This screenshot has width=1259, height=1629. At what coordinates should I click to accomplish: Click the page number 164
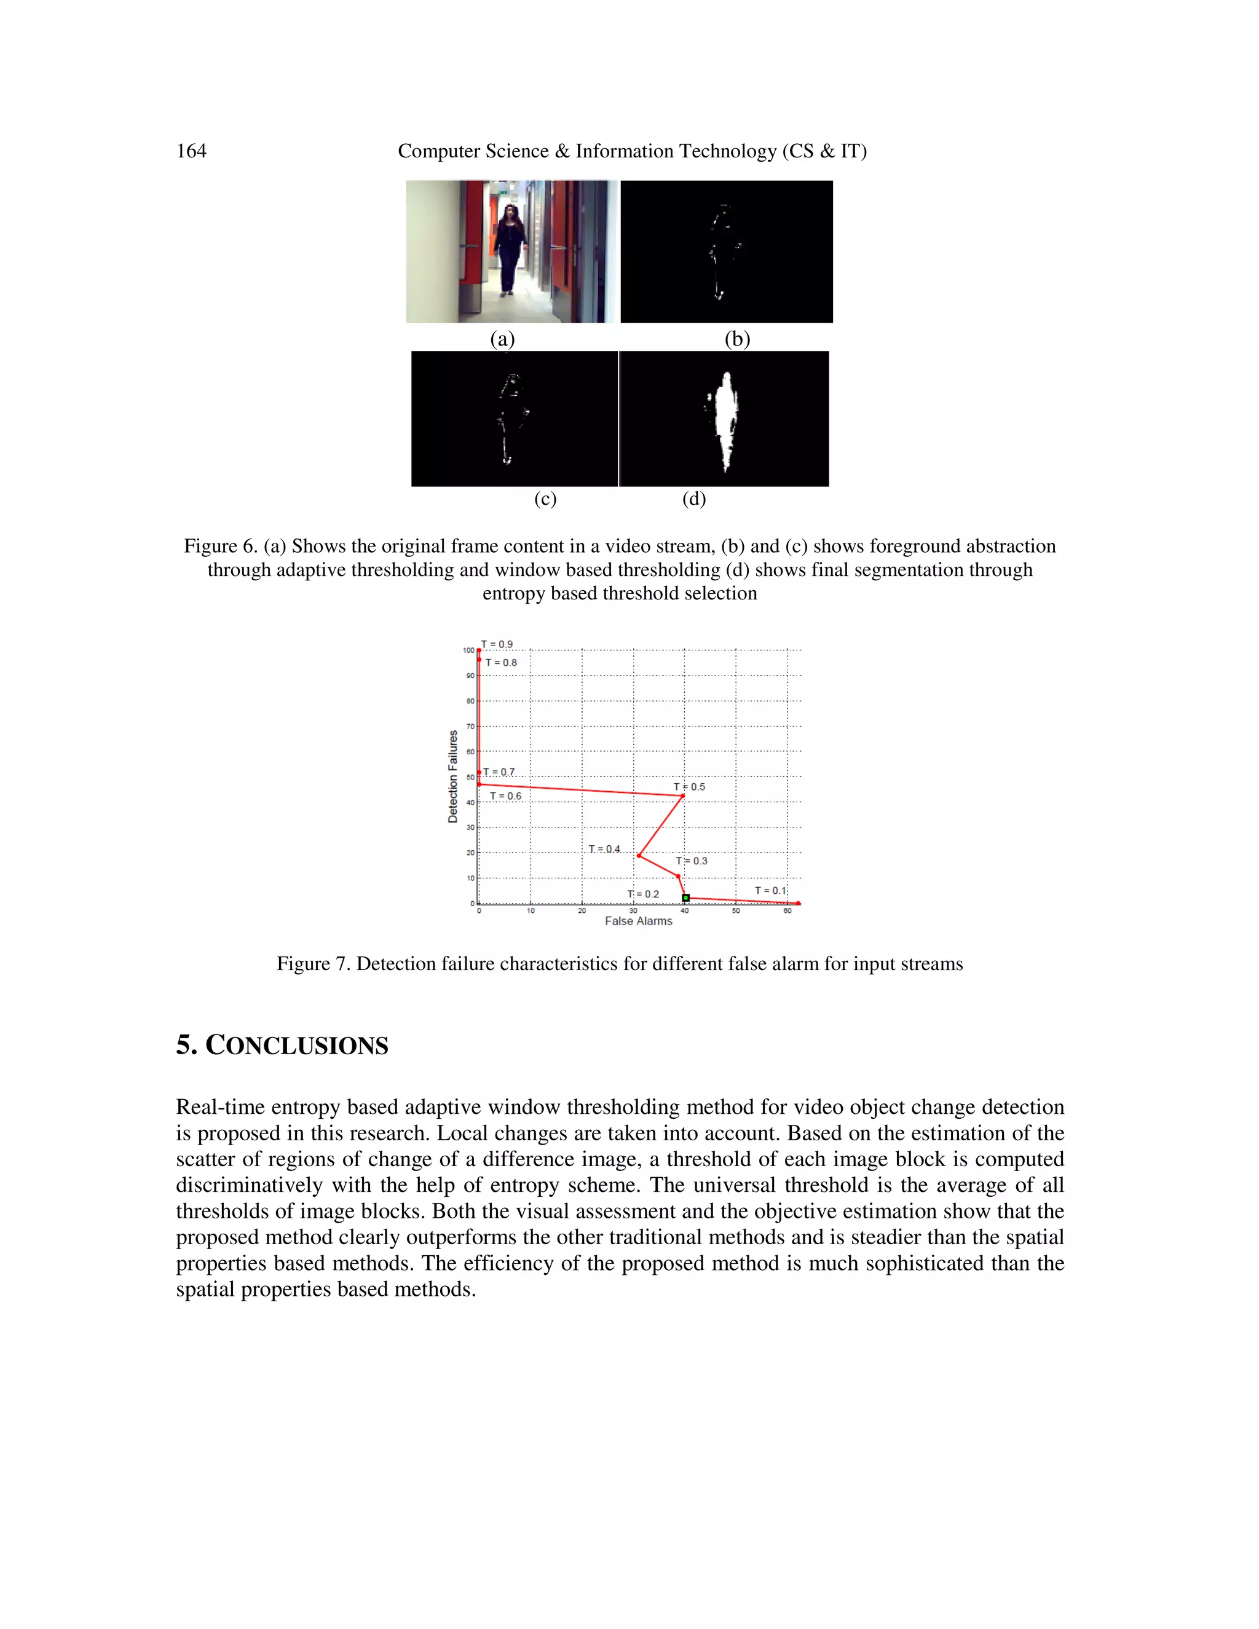pyautogui.click(x=191, y=151)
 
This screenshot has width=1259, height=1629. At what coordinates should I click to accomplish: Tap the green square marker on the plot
pyautogui.click(x=686, y=897)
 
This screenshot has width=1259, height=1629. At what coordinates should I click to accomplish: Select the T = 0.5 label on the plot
pyautogui.click(x=689, y=787)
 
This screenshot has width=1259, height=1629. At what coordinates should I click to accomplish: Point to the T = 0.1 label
pyautogui.click(x=770, y=891)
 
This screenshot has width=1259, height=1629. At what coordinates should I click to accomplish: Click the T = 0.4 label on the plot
pyautogui.click(x=604, y=849)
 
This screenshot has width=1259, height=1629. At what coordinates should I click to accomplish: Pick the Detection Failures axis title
pyautogui.click(x=452, y=776)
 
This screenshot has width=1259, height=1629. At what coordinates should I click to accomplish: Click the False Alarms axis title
pyautogui.click(x=639, y=921)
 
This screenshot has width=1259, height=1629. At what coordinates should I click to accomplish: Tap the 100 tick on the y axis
pyautogui.click(x=468, y=650)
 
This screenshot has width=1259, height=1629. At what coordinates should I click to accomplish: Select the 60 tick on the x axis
pyautogui.click(x=787, y=911)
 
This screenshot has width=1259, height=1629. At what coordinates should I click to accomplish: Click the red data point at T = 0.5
pyautogui.click(x=682, y=797)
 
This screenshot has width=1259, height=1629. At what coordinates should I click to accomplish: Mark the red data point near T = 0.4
pyautogui.click(x=639, y=856)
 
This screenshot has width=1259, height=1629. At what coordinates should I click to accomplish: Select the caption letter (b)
pyautogui.click(x=737, y=339)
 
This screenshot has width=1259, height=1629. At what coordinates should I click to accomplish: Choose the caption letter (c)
pyautogui.click(x=545, y=499)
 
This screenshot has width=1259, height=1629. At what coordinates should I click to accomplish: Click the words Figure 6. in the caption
pyautogui.click(x=221, y=546)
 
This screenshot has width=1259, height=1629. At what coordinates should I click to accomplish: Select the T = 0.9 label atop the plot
pyautogui.click(x=497, y=644)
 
